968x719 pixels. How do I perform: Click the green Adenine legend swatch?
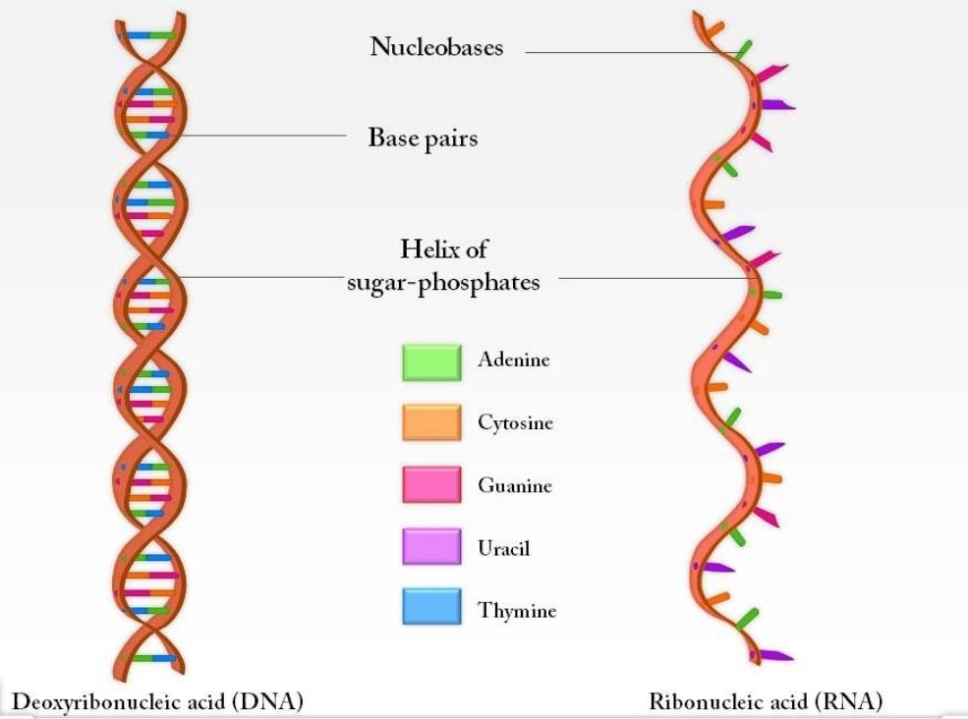430,361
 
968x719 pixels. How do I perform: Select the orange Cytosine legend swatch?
430,423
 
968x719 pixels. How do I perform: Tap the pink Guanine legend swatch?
430,485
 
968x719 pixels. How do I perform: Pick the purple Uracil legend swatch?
430,547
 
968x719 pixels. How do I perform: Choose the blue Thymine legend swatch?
430,608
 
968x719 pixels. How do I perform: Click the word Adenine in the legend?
513,359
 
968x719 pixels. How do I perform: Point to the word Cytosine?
515,423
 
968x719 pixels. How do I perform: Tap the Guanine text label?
514,485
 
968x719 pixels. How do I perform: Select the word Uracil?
503,547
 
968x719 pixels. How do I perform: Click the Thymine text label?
517,610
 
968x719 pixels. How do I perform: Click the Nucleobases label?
436,46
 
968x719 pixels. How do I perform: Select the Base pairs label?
423,138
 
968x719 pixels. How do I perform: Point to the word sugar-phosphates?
443,282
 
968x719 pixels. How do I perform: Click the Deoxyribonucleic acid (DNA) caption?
157,700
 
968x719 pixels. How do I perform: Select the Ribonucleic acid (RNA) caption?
766,700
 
